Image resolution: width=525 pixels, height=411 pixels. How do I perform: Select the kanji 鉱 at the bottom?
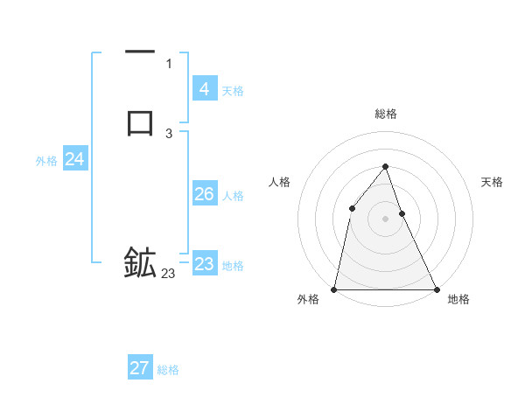tap(140, 263)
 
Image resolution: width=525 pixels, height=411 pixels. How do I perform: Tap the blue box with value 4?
tap(205, 89)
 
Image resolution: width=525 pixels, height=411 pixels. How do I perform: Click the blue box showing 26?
tap(205, 194)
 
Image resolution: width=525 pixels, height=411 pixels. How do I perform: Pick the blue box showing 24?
tap(74, 159)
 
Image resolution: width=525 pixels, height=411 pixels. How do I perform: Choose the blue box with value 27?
tap(140, 368)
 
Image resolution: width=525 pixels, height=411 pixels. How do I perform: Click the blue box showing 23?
tap(205, 264)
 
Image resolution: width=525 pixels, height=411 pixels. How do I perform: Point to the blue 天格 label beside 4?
tap(233, 91)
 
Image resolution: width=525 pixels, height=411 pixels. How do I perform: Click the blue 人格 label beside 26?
tap(233, 196)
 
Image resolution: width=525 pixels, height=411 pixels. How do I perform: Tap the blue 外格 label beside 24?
tap(46, 161)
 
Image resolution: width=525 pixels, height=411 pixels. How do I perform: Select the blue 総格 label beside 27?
tap(168, 370)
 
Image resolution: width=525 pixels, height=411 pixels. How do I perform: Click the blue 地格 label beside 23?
tap(233, 266)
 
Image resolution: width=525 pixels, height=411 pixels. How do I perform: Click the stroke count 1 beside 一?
tap(169, 64)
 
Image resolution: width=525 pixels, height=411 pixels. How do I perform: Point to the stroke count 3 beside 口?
tap(169, 134)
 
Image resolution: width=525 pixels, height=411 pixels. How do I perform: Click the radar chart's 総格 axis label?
tap(386, 114)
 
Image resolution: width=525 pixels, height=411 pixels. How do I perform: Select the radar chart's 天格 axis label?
tap(493, 182)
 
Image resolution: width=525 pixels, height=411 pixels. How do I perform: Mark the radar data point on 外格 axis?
tap(334, 289)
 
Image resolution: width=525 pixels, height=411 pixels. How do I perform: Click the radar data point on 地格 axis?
tap(436, 289)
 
